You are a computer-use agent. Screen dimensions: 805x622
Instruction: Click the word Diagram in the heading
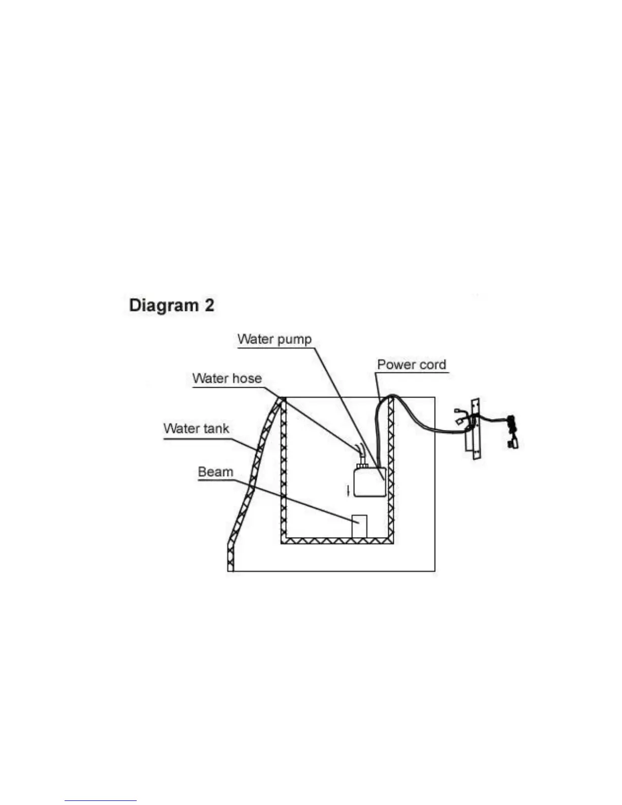[163, 305]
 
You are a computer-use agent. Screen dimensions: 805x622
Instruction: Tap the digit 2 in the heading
[209, 305]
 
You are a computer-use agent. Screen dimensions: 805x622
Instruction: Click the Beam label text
[215, 472]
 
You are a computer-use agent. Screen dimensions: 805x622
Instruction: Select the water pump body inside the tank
[369, 482]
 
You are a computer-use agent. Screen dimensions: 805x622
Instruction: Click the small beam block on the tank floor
[359, 525]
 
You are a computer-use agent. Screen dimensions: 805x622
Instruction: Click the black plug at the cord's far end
[512, 445]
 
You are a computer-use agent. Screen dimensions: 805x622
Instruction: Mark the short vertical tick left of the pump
[348, 490]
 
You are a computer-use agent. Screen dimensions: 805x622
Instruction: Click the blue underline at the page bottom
[101, 801]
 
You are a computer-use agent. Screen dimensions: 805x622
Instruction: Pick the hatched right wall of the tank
[390, 468]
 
